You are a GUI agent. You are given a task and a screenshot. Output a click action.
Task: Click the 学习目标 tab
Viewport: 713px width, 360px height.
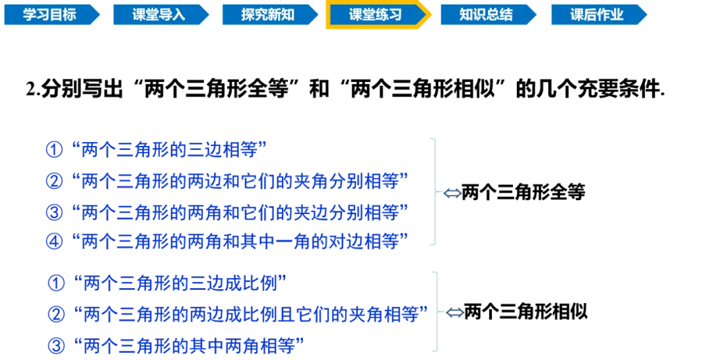[50, 15]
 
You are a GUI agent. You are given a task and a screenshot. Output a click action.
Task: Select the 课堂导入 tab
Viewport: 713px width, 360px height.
[158, 15]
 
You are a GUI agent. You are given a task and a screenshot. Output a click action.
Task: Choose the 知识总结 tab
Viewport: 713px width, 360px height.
[485, 15]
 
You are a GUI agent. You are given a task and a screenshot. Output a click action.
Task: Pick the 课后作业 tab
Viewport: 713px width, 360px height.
[596, 15]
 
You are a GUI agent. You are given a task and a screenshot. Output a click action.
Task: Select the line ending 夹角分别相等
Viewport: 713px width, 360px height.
[241, 180]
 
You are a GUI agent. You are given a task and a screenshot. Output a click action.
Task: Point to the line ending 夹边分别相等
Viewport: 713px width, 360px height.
[241, 211]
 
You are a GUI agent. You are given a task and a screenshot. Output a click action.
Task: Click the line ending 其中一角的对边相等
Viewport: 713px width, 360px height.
[241, 242]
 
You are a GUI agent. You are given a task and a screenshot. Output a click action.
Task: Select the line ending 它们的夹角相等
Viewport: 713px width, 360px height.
[251, 314]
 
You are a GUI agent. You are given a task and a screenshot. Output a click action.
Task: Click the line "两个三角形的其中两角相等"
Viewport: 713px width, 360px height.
[190, 344]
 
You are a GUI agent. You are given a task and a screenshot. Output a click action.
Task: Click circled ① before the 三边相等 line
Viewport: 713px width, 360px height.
[53, 149]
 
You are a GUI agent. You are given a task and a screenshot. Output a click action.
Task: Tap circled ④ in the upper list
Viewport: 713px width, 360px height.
[53, 242]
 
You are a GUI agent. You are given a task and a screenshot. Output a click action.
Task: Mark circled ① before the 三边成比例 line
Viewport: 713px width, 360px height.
[57, 283]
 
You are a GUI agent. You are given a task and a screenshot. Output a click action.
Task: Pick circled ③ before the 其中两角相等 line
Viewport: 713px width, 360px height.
[57, 344]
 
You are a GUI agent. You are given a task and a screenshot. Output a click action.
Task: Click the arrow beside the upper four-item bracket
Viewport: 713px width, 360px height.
[451, 194]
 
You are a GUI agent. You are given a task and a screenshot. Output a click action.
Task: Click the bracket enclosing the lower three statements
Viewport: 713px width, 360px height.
[434, 310]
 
